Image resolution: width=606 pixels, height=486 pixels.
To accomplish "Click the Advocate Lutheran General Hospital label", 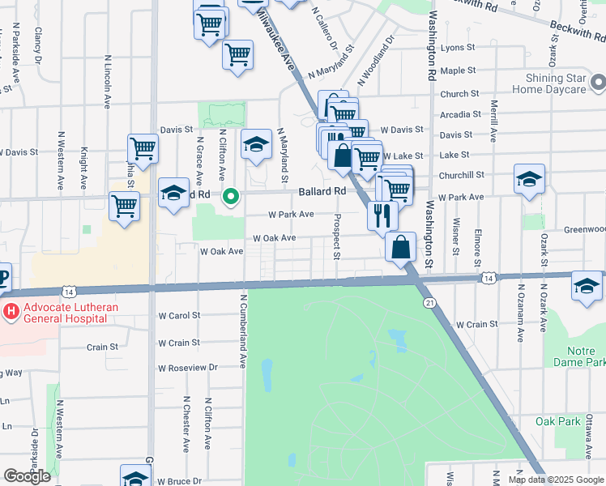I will click(66, 313).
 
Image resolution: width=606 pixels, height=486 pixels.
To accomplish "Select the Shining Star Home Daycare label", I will click(555, 83).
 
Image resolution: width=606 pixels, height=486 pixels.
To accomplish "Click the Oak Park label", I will click(557, 421).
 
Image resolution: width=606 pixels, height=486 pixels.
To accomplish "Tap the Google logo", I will click(27, 476).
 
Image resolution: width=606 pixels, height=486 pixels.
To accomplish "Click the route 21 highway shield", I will click(428, 302).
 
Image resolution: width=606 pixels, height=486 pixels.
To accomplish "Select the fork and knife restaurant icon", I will click(382, 215).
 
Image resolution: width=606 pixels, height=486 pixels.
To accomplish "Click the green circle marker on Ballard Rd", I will click(231, 195).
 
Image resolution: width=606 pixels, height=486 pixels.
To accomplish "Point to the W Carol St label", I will click(178, 315).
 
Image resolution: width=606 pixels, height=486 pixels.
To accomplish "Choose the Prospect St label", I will click(336, 237).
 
